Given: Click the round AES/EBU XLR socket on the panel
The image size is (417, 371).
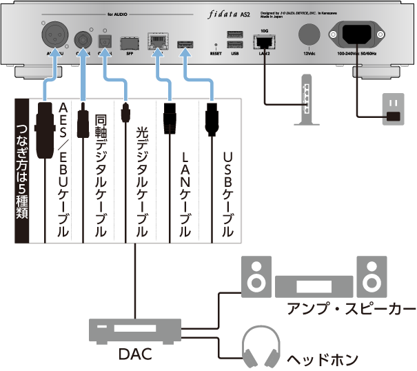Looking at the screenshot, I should pyautogui.click(x=57, y=34).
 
